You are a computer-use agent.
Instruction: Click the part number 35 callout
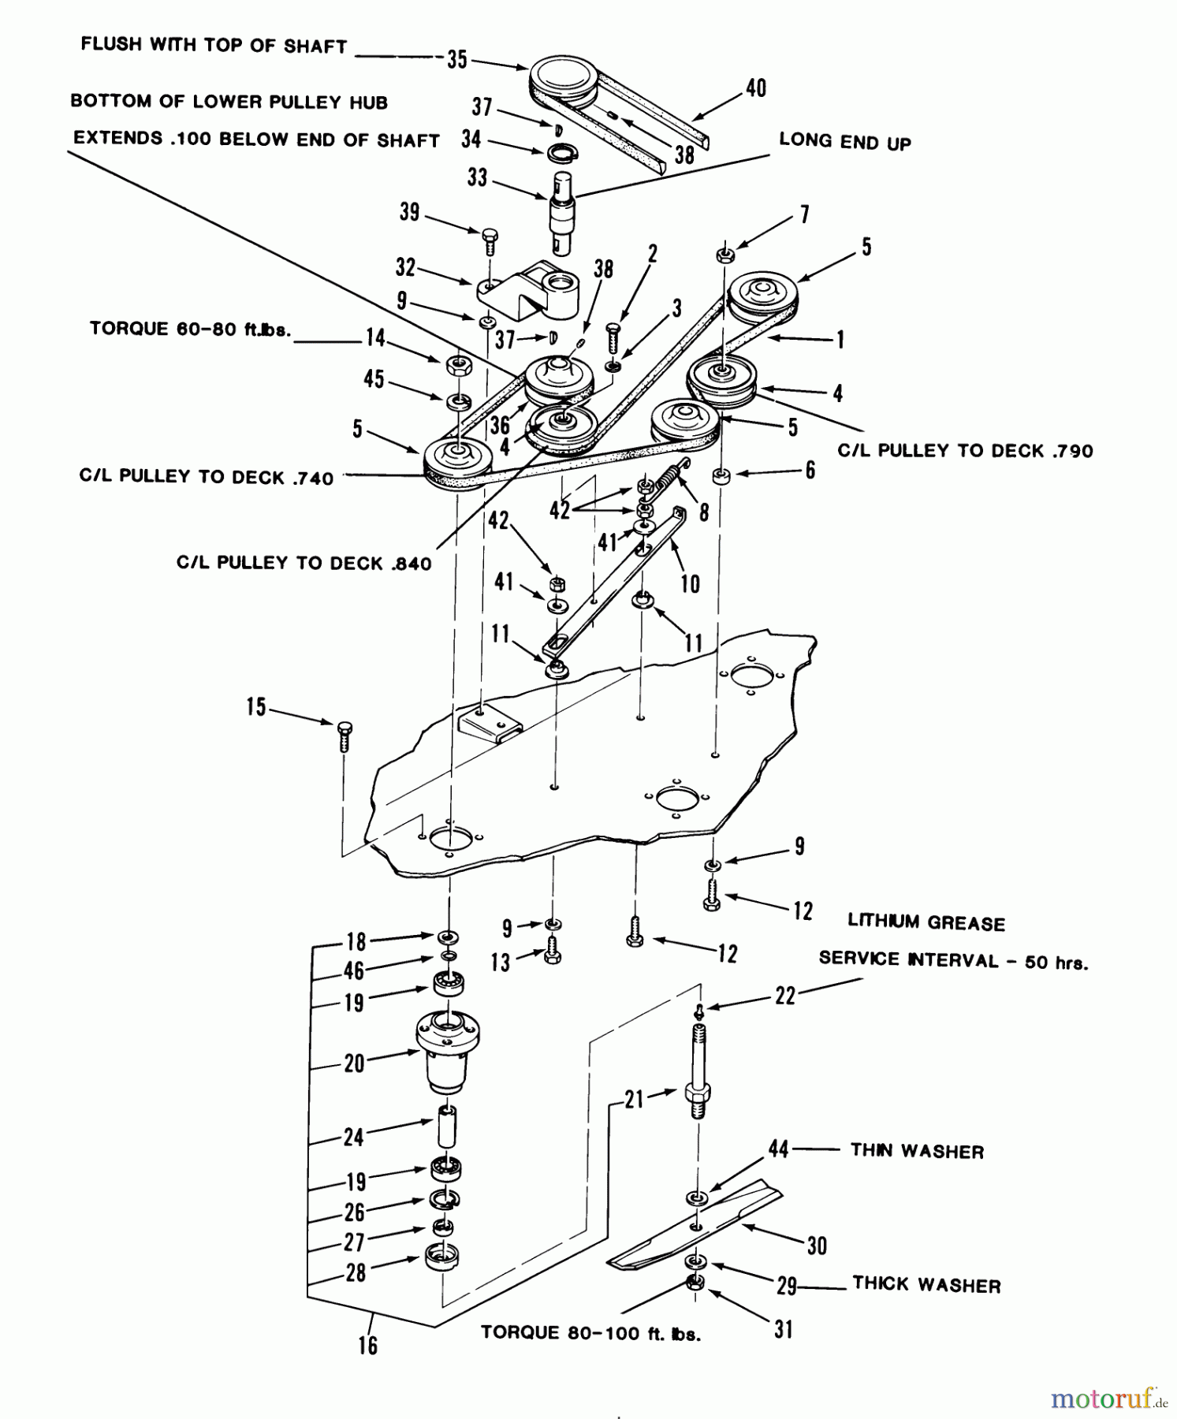pyautogui.click(x=457, y=60)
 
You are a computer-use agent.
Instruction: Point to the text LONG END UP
pyautogui.click(x=844, y=141)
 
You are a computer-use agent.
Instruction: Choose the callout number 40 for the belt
pyautogui.click(x=755, y=88)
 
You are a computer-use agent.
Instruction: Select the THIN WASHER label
pyautogui.click(x=917, y=1151)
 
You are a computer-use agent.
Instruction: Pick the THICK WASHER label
pyautogui.click(x=926, y=1285)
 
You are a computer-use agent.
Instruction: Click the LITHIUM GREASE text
pyautogui.click(x=926, y=922)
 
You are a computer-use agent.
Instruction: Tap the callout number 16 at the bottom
pyautogui.click(x=368, y=1345)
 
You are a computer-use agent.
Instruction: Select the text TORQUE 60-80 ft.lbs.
pyautogui.click(x=190, y=329)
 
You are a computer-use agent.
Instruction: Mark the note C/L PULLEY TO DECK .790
pyautogui.click(x=965, y=450)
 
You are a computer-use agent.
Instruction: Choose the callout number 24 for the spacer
pyautogui.click(x=354, y=1136)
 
